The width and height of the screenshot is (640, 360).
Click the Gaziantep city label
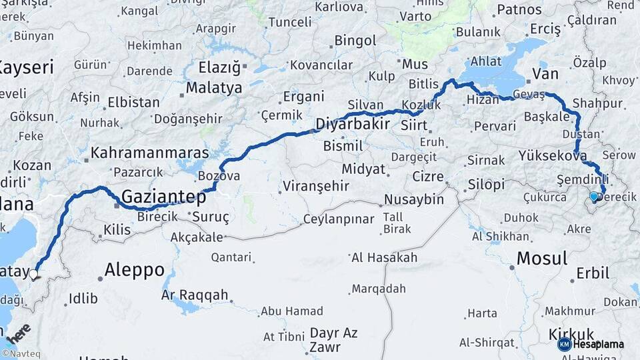pyautogui.click(x=163, y=197)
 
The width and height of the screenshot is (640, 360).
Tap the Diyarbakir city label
pyautogui.click(x=353, y=124)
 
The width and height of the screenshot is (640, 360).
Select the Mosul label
pyautogui.click(x=542, y=258)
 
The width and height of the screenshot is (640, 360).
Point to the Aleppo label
pyautogui.click(x=135, y=270)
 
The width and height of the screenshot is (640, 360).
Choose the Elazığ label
pyautogui.click(x=220, y=67)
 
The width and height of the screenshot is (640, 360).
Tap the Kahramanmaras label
pyautogui.click(x=149, y=153)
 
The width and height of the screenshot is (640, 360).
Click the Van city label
pyautogui.click(x=545, y=74)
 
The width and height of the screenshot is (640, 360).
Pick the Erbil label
pyautogui.click(x=593, y=273)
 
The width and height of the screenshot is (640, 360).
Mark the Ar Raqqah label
pyautogui.click(x=195, y=295)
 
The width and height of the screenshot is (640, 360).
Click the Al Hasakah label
pyautogui.click(x=384, y=257)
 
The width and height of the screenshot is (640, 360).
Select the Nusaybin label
pyautogui.click(x=414, y=199)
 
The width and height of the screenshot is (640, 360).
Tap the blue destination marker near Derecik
pyautogui.click(x=594, y=197)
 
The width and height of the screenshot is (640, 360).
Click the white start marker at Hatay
pyautogui.click(x=33, y=273)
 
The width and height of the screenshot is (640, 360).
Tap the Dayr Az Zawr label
pyautogui.click(x=334, y=339)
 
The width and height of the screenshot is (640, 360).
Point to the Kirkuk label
pyautogui.click(x=571, y=334)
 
